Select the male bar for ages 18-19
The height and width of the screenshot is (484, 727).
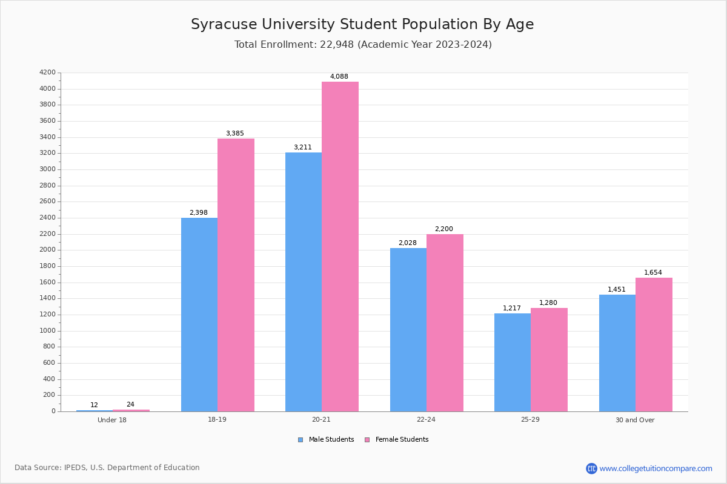[x=199, y=315]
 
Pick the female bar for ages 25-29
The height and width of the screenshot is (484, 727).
[x=549, y=359]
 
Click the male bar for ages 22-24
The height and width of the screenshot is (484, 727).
[x=408, y=330]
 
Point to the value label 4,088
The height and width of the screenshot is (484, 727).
[x=339, y=77]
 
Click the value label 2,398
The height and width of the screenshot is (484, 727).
[x=199, y=213]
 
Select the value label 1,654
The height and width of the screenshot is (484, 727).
[x=653, y=273]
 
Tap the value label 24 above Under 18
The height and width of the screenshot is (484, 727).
[x=130, y=405]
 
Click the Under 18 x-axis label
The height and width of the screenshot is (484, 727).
[x=112, y=420]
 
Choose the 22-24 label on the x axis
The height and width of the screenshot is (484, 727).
[x=426, y=420]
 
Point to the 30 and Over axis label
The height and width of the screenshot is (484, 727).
[x=635, y=420]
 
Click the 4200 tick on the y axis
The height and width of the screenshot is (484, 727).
[x=47, y=73]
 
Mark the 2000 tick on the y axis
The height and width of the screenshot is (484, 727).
[x=47, y=250]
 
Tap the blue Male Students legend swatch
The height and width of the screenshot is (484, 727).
[x=300, y=440]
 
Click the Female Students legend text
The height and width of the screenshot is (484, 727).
[x=402, y=440]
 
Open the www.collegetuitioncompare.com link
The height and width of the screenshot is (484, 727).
[x=656, y=468]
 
